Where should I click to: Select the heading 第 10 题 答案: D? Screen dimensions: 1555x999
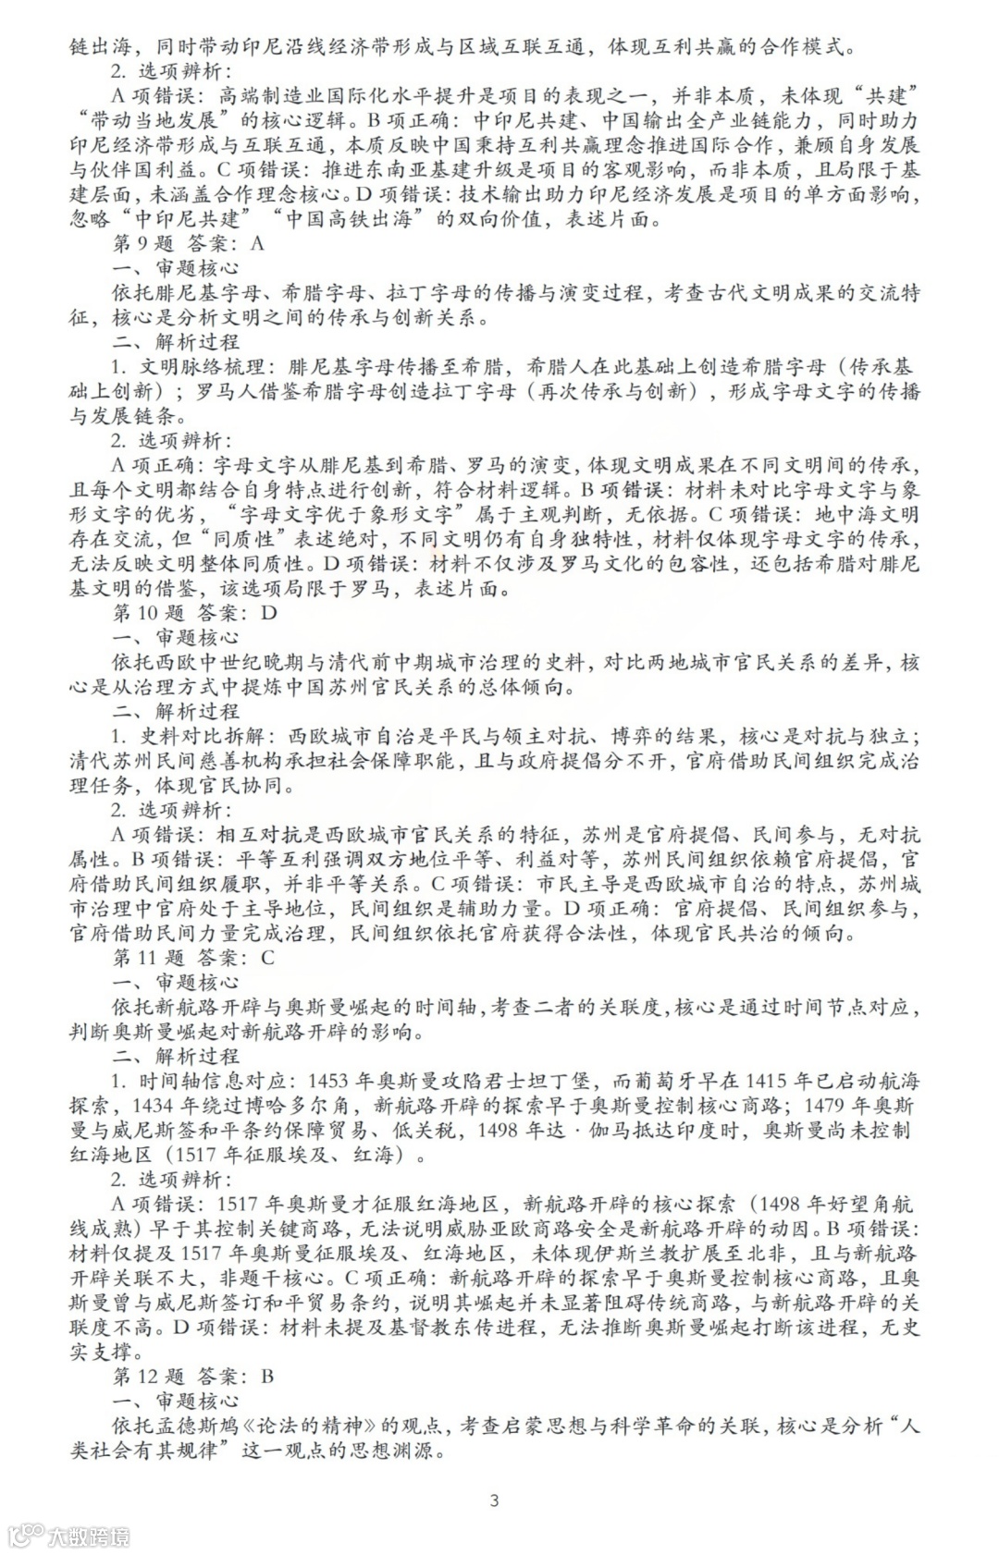point(194,612)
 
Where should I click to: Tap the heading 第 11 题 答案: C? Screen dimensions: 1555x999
point(193,957)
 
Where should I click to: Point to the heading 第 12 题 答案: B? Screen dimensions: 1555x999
point(193,1376)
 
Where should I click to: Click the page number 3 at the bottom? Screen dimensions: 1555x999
point(494,1500)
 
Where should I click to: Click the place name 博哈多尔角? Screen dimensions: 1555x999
point(296,1105)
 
